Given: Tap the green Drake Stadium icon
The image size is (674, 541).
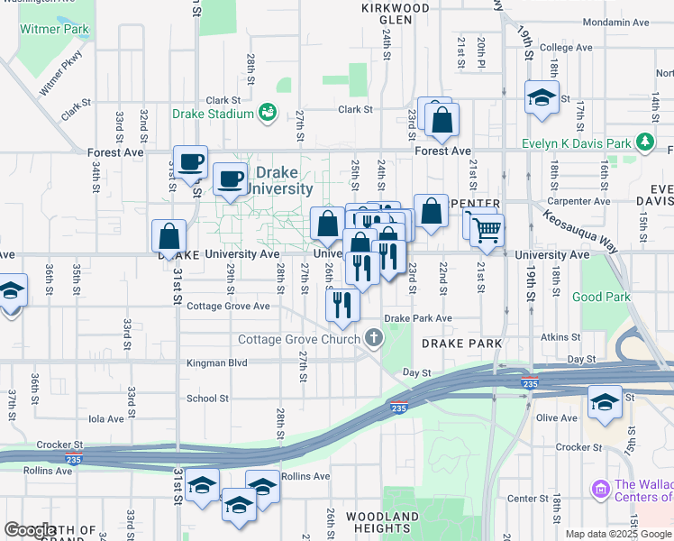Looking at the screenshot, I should pos(268,113).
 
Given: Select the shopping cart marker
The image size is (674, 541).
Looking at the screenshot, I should pos(486,230).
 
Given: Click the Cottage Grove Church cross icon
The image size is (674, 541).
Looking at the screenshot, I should pos(374,339).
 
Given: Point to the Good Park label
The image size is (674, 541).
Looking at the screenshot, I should pos(600,297).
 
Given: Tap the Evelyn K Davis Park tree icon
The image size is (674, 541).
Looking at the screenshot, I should pos(645,142).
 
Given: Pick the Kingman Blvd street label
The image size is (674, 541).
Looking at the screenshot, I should pos(216,363).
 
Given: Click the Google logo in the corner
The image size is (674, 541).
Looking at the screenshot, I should pos(30,530).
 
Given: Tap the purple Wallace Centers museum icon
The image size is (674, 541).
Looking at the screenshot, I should pos(601,489).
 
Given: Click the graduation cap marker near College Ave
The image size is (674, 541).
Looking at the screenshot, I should pos(541,99).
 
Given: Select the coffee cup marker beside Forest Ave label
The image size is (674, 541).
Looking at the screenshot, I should pos(190,162).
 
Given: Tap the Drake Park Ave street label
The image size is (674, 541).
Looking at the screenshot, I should pos(418,318).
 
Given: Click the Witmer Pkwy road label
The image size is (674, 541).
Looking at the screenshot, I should pos(59,78).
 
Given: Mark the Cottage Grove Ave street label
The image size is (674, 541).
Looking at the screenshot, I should pos(228,307).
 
